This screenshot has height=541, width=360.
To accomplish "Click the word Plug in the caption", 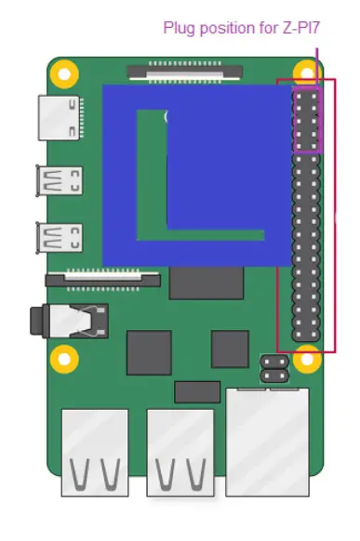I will (179, 27).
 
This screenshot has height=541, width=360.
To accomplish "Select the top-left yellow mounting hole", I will (63, 72).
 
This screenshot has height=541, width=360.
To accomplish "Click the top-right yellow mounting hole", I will (306, 72).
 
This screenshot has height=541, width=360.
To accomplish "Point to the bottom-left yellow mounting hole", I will (63, 357).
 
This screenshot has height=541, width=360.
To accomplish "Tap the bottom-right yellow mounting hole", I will (306, 357).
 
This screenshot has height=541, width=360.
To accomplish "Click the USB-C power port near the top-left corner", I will (58, 117).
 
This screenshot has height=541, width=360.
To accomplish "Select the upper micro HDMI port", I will (59, 179).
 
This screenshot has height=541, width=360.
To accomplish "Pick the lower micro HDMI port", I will (59, 237).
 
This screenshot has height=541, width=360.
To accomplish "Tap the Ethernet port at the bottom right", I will (268, 441).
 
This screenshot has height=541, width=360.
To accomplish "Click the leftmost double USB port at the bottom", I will (95, 451).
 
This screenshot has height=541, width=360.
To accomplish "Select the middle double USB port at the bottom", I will (180, 451).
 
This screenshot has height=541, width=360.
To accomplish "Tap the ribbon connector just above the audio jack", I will (104, 277).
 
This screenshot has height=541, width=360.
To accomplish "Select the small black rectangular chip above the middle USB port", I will (197, 391).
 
